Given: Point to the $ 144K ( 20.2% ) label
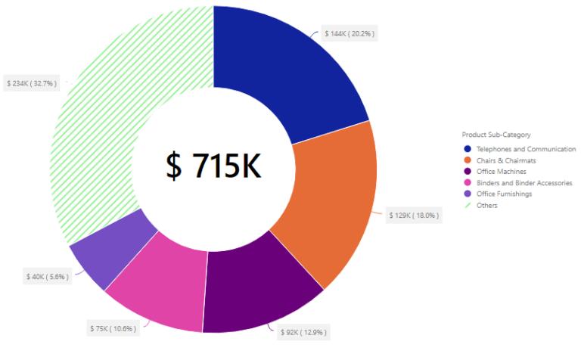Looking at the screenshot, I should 350,33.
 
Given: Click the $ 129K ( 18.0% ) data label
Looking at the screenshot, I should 413,216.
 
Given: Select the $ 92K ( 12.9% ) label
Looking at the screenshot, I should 303,332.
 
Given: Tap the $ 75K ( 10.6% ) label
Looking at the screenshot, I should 112,328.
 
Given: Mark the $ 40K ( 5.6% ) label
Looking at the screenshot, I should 47,277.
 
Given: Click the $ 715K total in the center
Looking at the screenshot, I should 213,166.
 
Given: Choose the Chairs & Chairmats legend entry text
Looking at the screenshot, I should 507,160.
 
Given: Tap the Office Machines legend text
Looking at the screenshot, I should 502,172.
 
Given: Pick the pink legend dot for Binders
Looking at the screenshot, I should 468,183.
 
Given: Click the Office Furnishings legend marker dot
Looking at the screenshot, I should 468,194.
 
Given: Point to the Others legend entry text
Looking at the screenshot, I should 487,206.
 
